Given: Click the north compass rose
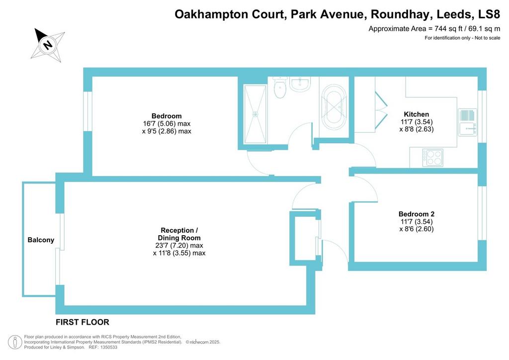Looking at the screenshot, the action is [48, 44].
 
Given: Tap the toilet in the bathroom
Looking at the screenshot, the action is [279, 87].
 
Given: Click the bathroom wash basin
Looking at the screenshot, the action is [300, 84].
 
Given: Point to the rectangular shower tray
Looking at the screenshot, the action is [255, 114].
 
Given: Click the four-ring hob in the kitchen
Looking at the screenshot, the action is [433, 158].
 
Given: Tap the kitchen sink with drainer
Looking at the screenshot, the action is [467, 122].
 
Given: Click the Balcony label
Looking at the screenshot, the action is [41, 240].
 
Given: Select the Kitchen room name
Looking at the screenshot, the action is [417, 114].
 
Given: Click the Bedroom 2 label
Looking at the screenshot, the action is [417, 214].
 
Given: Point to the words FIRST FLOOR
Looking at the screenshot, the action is [83, 322].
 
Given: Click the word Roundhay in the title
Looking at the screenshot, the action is [401, 14].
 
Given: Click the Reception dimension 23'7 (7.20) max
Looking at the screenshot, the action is [179, 246].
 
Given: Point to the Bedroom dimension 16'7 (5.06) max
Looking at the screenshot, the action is [167, 124].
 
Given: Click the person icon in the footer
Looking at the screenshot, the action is [15, 342].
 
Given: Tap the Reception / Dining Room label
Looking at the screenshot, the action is [179, 234].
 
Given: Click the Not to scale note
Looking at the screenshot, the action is [488, 38].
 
